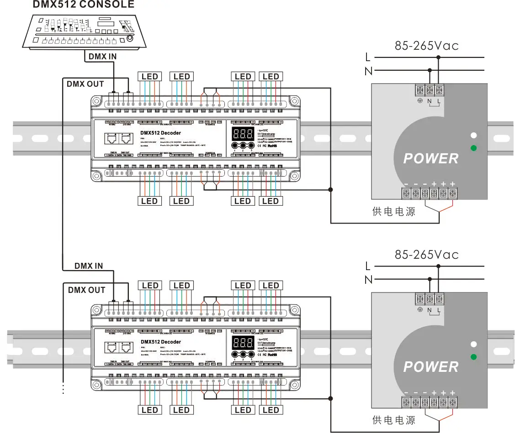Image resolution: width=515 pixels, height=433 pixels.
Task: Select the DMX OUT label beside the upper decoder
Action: [85, 84]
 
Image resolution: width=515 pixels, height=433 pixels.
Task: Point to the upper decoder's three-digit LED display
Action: [243, 134]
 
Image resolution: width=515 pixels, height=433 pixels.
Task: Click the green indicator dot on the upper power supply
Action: [474, 148]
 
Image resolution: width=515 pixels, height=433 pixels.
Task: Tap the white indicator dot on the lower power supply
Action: [474, 344]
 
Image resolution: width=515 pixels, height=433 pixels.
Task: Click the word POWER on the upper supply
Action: [430, 159]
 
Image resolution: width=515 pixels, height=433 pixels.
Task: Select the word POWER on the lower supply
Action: [430, 367]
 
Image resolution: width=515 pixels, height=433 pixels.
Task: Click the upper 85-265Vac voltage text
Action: [426, 46]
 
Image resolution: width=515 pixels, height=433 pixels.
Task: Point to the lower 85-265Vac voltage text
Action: [426, 255]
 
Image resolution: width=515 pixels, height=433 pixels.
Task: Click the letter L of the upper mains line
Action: [368, 57]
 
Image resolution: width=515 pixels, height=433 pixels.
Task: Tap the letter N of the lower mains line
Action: [368, 279]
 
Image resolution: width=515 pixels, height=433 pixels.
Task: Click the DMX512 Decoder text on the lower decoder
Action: [161, 342]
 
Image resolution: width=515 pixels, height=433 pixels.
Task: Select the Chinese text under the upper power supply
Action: [394, 211]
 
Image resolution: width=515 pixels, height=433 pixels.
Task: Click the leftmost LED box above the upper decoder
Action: [149, 77]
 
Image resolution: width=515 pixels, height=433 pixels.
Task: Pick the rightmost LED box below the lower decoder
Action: [271, 410]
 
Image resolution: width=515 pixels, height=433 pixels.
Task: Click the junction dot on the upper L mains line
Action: [438, 57]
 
